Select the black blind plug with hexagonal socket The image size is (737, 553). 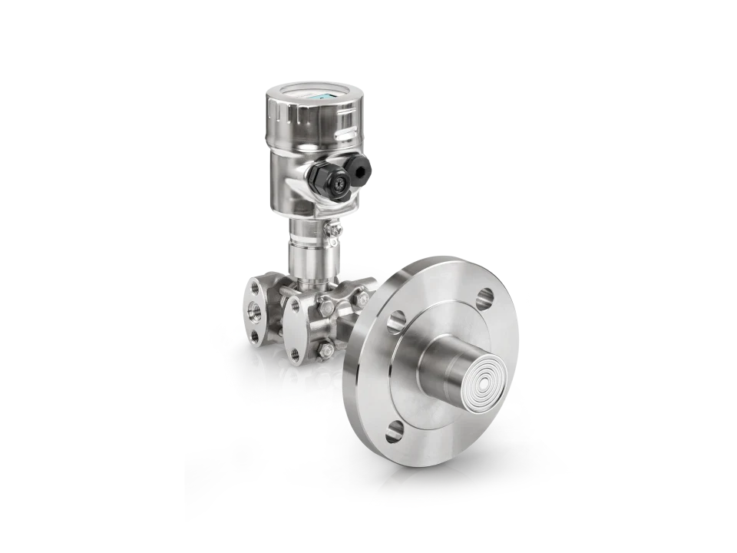point(358,165)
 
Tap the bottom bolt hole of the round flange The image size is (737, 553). point(393,431)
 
